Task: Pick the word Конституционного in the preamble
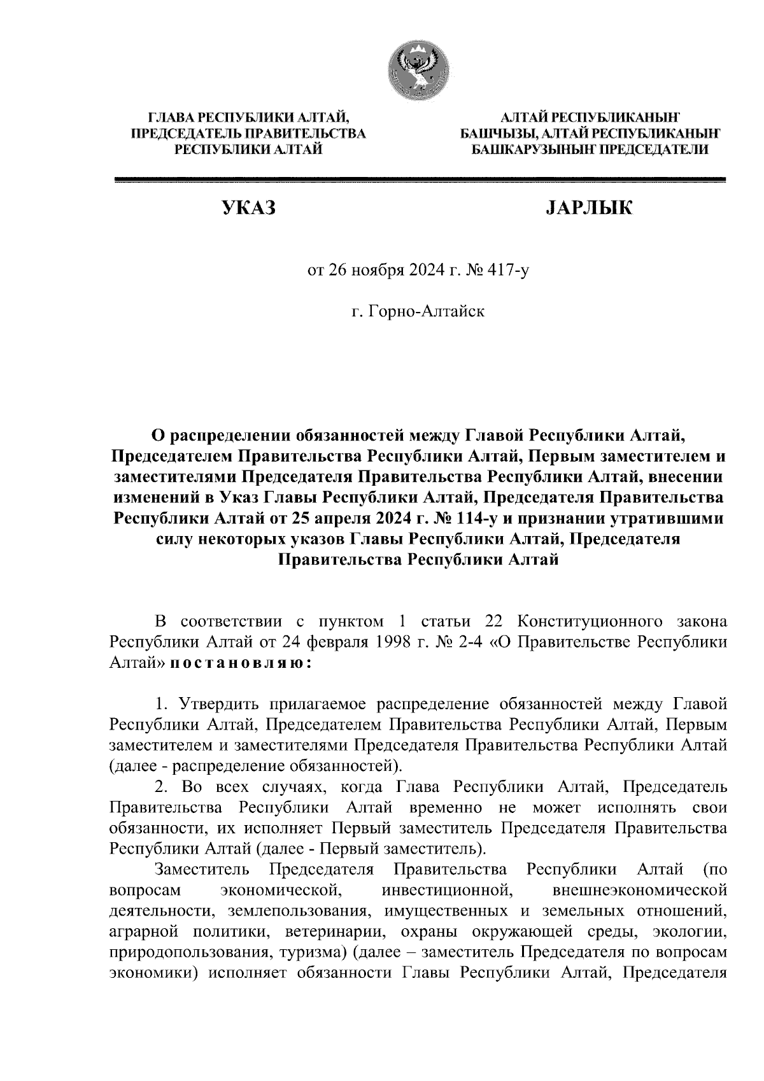[585, 621]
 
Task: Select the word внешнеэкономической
[640, 889]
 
